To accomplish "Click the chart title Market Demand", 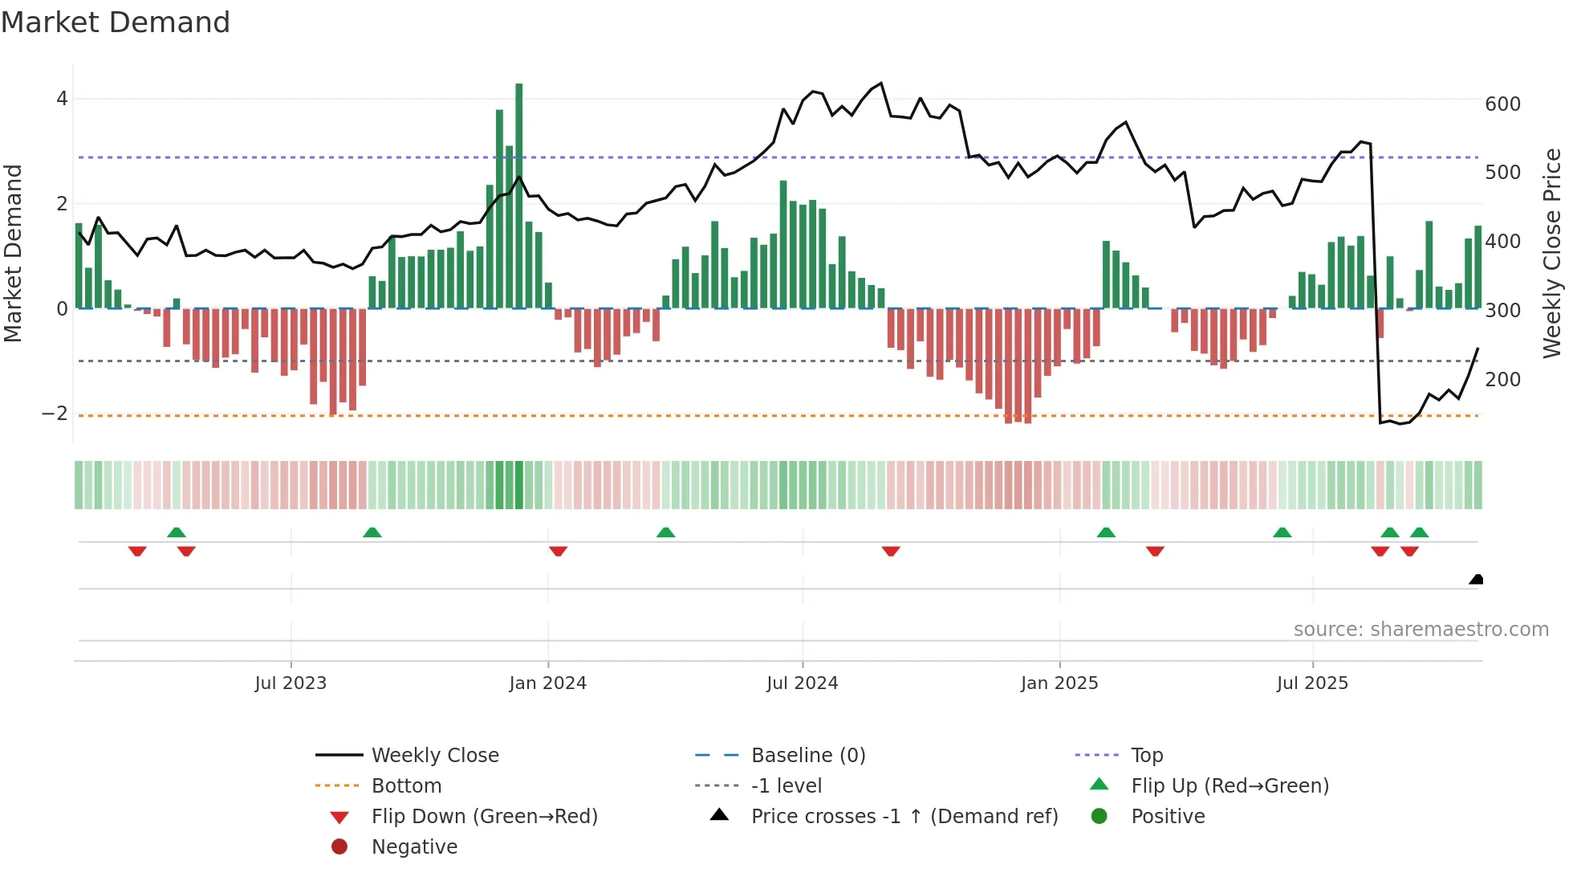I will pyautogui.click(x=116, y=22).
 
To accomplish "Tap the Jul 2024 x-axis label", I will pyautogui.click(x=802, y=683).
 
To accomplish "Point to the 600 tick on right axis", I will pyautogui.click(x=1502, y=104).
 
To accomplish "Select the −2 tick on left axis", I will pyautogui.click(x=55, y=414).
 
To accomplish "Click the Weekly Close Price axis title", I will pyautogui.click(x=1552, y=253).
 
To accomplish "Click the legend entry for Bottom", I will pyautogui.click(x=406, y=785).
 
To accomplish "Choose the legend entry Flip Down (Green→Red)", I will pyautogui.click(x=484, y=816).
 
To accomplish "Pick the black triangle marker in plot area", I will pyautogui.click(x=1476, y=579).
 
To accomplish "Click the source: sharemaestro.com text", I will pyautogui.click(x=1421, y=630).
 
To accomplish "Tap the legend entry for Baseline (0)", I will pyautogui.click(x=807, y=755).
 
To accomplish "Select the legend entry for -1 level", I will pyautogui.click(x=786, y=785).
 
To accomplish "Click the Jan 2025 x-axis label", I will pyautogui.click(x=1059, y=683).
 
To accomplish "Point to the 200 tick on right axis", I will pyautogui.click(x=1502, y=379).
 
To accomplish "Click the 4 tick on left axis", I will pyautogui.click(x=62, y=99).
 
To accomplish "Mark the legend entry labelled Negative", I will pyautogui.click(x=414, y=846).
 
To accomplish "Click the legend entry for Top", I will pyautogui.click(x=1146, y=755).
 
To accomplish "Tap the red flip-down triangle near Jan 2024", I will pyautogui.click(x=559, y=551).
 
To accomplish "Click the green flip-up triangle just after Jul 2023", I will pyautogui.click(x=372, y=532).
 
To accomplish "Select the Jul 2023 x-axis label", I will pyautogui.click(x=291, y=683).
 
